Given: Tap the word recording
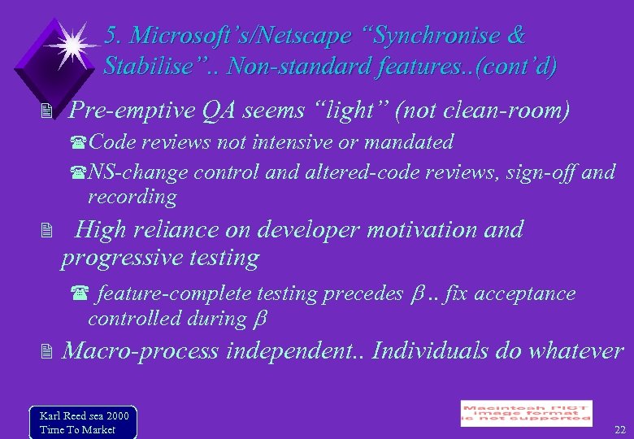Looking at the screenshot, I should tap(132, 197).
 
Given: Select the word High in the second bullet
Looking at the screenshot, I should tap(98, 230).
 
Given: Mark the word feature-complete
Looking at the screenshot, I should tap(174, 293).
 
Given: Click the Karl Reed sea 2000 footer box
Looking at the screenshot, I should tap(82, 421).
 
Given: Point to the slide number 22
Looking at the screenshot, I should tap(620, 428).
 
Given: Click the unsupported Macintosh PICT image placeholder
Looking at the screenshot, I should tap(526, 412).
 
